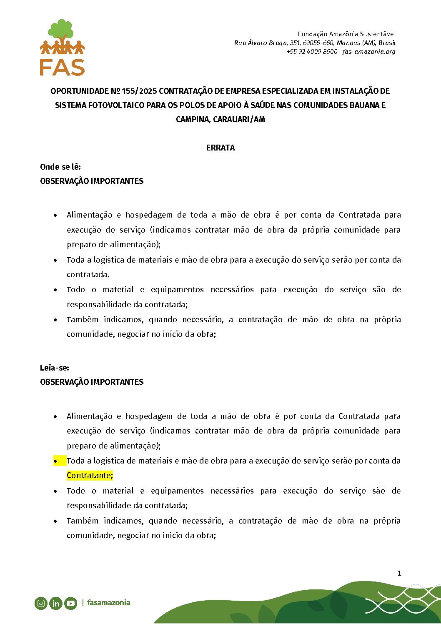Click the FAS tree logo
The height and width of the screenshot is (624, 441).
tap(62, 48)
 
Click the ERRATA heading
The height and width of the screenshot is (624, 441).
tap(220, 148)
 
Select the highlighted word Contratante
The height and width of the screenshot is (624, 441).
tap(89, 476)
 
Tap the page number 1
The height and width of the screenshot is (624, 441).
tap(399, 574)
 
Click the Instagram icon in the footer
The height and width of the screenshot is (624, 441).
tap(41, 603)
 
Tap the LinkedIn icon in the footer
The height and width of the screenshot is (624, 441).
tap(55, 603)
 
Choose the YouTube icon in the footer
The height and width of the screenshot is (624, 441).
tap(70, 603)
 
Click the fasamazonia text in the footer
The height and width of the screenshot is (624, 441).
tap(108, 603)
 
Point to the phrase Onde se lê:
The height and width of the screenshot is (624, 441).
tap(60, 167)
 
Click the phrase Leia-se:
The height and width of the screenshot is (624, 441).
tap(55, 368)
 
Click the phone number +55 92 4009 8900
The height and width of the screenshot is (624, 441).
tap(312, 52)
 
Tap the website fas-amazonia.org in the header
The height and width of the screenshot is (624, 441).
tap(369, 52)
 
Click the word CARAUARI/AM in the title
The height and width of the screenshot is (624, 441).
tap(239, 120)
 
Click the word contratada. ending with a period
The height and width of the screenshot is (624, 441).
tap(88, 275)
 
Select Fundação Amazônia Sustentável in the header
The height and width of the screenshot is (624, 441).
tap(346, 34)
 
